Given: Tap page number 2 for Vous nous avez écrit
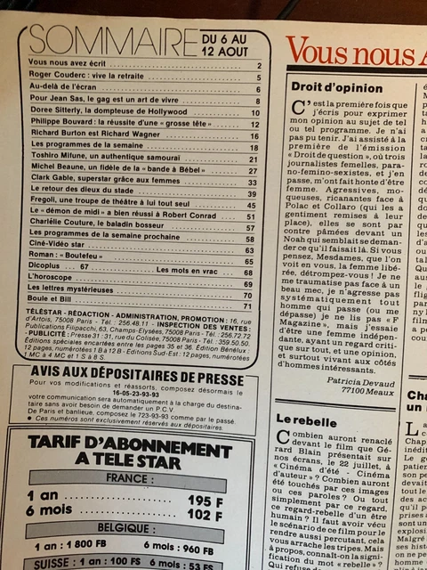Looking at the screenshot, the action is click(257, 66).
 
